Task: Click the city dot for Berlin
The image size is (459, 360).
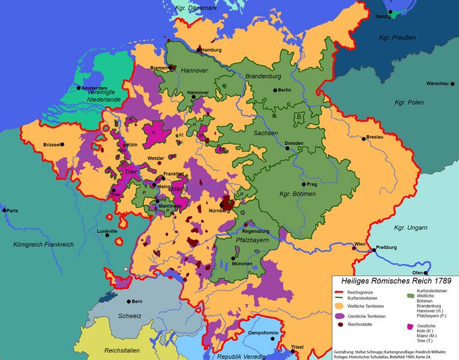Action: point(275,90)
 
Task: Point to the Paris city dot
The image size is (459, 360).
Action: point(4,210)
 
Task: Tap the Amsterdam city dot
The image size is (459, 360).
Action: point(71,88)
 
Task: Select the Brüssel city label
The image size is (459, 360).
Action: point(52,145)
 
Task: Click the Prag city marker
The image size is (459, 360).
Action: point(304,184)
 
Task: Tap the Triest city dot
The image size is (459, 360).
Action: point(286,347)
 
